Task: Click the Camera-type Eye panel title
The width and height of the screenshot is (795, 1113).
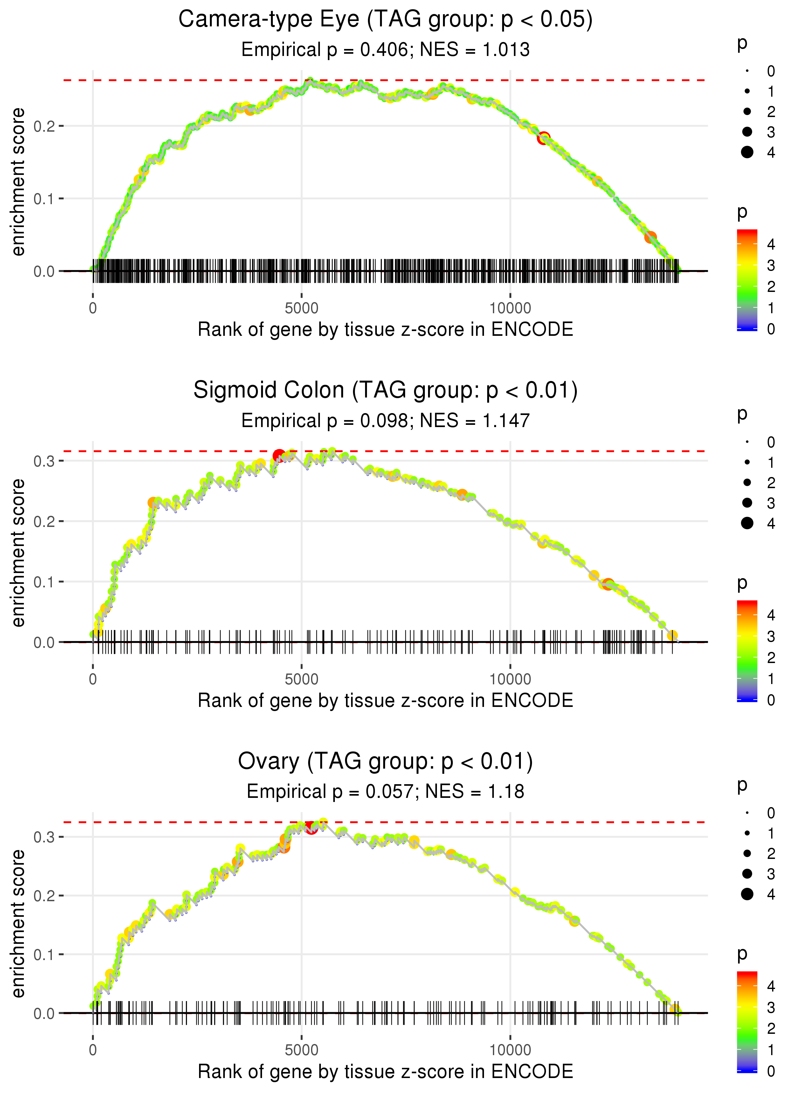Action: click(385, 20)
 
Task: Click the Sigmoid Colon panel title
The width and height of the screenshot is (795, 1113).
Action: click(385, 391)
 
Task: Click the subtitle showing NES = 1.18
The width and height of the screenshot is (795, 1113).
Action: click(385, 792)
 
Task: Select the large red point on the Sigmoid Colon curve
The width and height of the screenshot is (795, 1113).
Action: click(279, 456)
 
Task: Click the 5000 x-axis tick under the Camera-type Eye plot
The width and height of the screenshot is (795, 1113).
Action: click(301, 308)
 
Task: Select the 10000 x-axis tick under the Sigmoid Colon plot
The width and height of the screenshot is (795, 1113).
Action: click(510, 679)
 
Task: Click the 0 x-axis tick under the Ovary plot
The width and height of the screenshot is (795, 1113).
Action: click(93, 1050)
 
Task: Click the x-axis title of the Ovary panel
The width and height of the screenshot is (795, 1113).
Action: click(385, 1072)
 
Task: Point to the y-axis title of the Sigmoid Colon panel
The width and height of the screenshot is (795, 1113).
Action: click(18, 553)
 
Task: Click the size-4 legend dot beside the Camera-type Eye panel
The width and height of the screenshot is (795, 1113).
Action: click(747, 152)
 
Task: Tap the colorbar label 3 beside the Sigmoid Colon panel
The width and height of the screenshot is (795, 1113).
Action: click(771, 637)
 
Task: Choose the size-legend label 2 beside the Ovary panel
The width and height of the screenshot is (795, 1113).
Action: click(771, 854)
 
